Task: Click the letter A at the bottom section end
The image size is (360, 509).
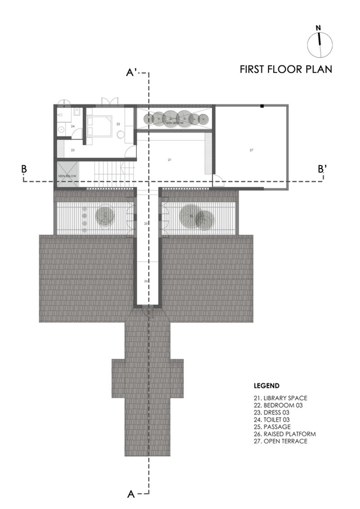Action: [x=131, y=494]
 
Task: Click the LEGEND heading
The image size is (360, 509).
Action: [x=267, y=386]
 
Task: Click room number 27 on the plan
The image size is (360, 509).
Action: [x=252, y=150]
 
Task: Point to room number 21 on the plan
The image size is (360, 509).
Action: [x=170, y=160]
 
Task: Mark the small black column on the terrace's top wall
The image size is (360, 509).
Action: [x=261, y=106]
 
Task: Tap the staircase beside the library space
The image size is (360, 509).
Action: [x=108, y=171]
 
